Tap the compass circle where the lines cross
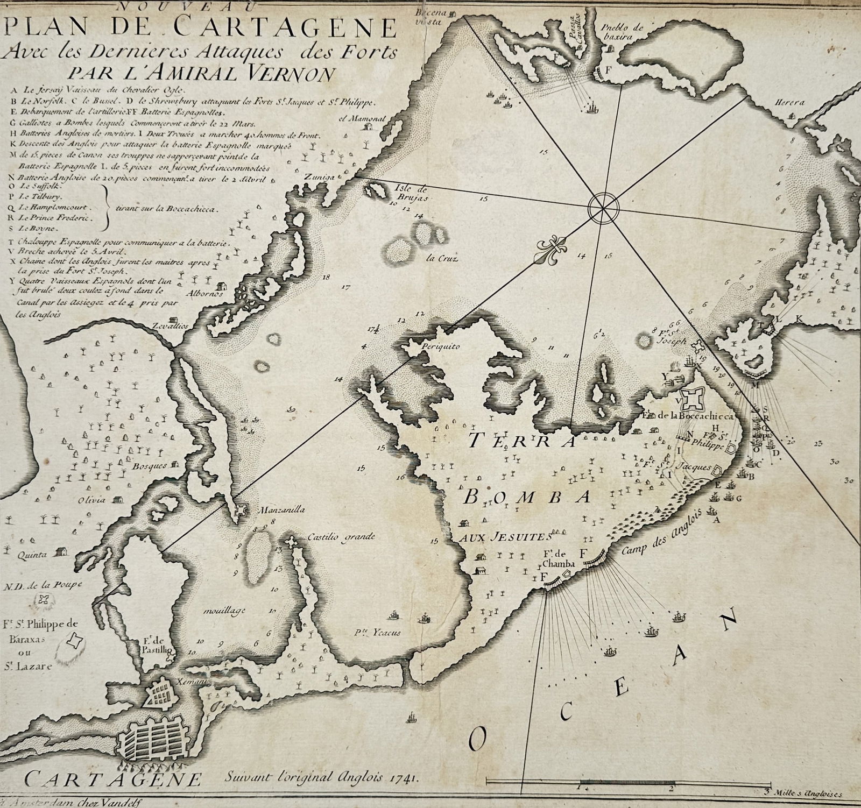[603, 207]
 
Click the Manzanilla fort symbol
[242, 509]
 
